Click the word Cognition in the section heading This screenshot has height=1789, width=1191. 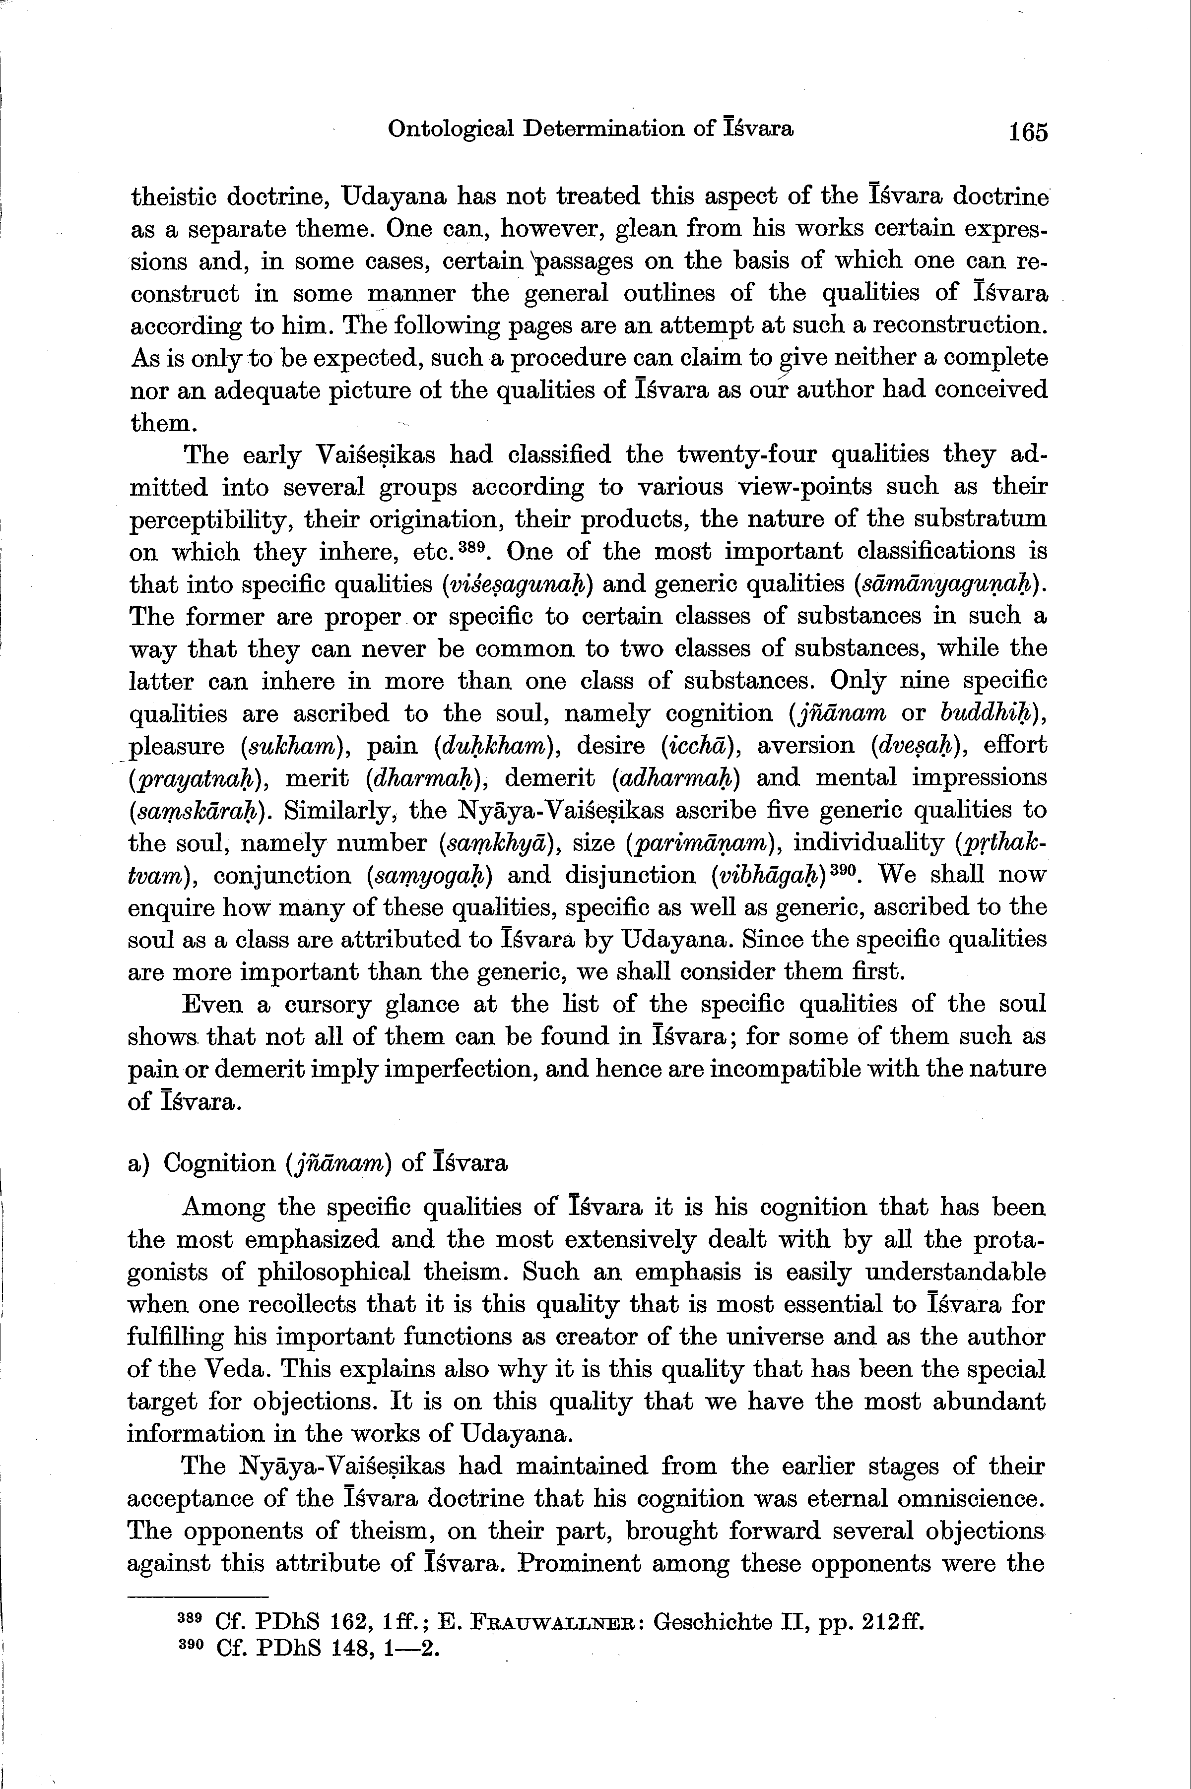tap(219, 1164)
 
